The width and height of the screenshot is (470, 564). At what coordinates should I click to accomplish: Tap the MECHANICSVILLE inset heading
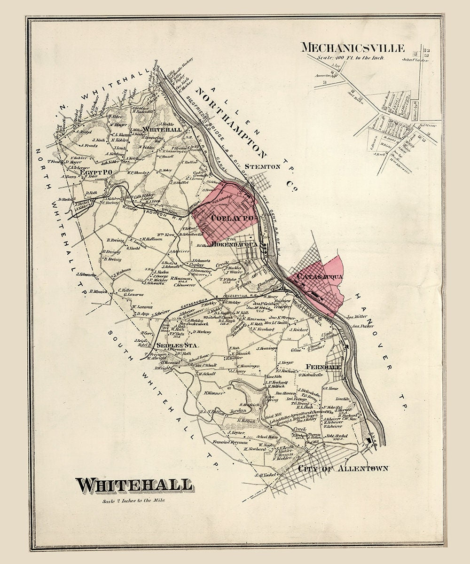[352, 47]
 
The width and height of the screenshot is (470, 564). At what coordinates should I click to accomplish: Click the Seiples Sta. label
[171, 345]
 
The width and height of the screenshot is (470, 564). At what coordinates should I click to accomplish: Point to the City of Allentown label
[343, 468]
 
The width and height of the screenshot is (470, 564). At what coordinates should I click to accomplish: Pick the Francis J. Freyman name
[230, 442]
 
